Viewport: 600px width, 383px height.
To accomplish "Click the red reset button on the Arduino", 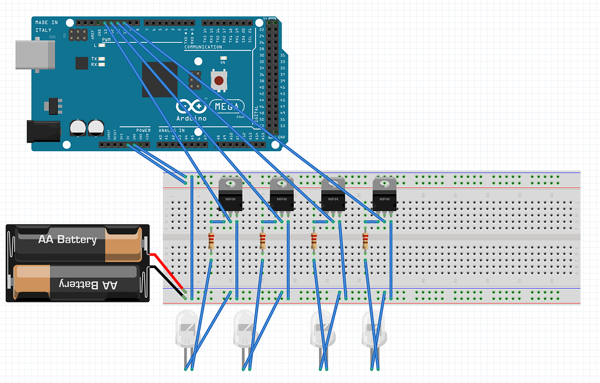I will click(219, 80).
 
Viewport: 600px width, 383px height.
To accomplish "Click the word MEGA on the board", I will click(227, 107).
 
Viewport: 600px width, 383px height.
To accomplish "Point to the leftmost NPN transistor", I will click(229, 193).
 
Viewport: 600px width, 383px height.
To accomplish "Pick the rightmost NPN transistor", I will click(384, 193).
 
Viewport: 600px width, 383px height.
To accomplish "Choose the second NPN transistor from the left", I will click(281, 193).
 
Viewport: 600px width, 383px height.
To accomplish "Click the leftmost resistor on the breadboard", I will click(211, 240).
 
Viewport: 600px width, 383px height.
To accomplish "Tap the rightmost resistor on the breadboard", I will click(365, 240).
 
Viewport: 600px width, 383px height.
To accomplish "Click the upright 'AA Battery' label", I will click(67, 239).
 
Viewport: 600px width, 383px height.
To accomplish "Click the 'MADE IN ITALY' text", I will click(47, 26).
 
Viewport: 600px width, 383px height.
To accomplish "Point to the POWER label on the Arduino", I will click(143, 130).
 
